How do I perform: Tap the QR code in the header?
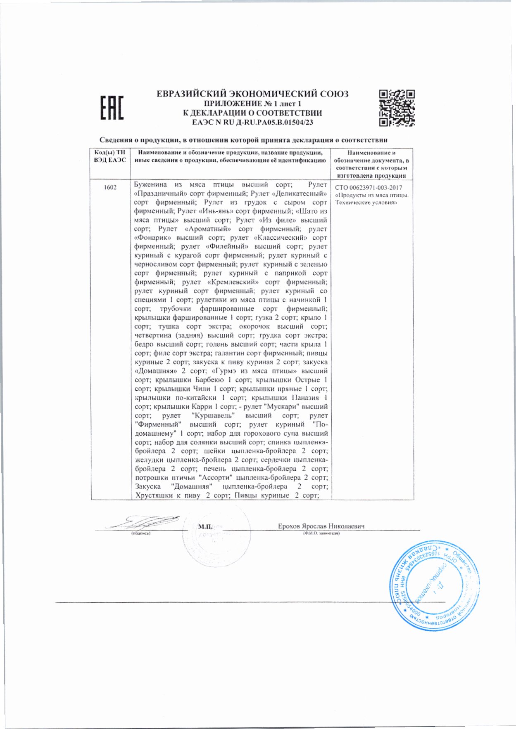[397, 108]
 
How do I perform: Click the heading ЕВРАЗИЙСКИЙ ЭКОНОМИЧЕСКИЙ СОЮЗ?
[252, 94]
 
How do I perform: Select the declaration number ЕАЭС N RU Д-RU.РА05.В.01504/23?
[252, 122]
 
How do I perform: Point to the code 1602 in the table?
[110, 187]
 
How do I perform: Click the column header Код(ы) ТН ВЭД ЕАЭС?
[110, 156]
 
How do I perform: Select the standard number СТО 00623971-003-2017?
[369, 188]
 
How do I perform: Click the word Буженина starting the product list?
[151, 185]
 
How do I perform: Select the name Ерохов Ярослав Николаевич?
[321, 526]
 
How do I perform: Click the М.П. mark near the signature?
[205, 526]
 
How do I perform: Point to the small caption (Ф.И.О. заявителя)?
[321, 533]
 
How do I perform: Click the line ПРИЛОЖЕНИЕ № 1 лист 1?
[252, 104]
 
